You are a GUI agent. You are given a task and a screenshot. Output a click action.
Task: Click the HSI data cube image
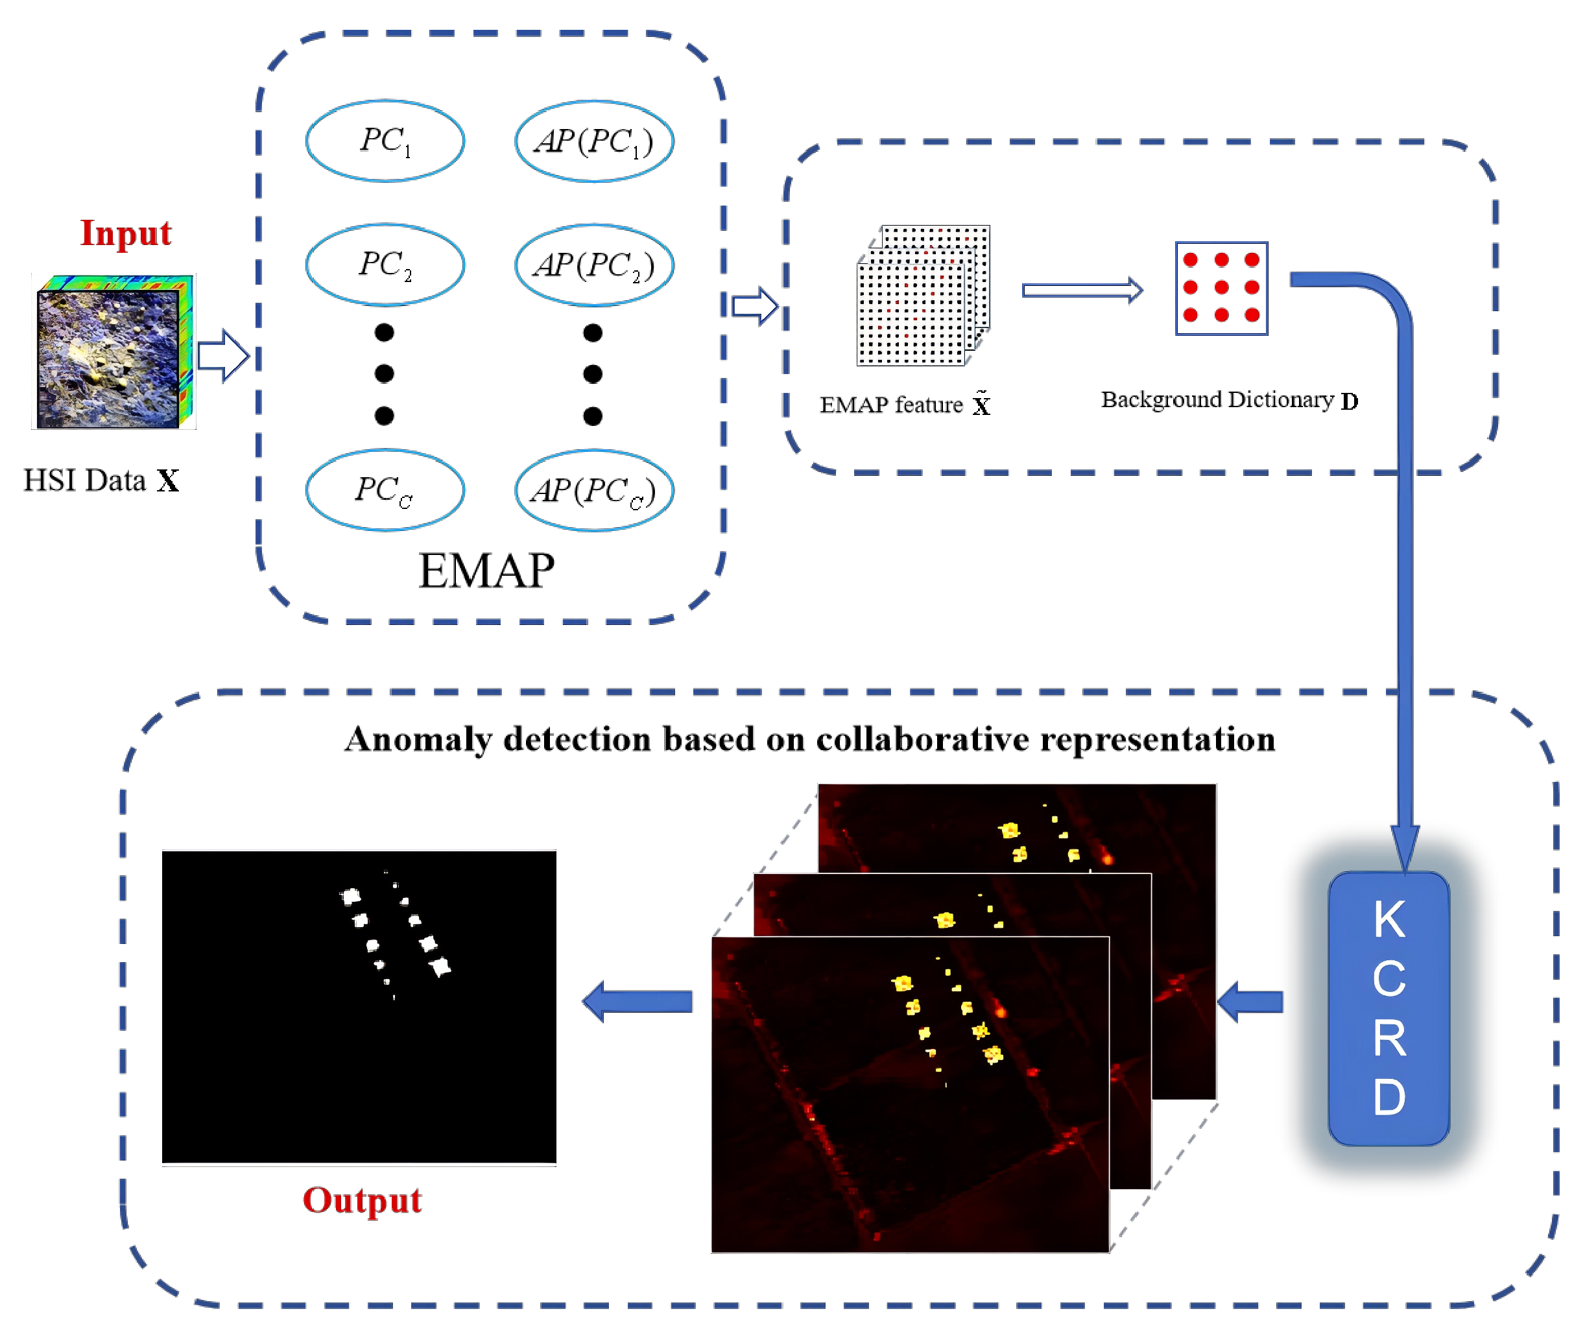[x=113, y=352]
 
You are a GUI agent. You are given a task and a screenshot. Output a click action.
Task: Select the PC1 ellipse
[x=385, y=141]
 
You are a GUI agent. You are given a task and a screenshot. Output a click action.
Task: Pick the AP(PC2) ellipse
[x=594, y=265]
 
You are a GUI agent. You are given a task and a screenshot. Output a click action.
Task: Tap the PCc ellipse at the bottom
[x=385, y=490]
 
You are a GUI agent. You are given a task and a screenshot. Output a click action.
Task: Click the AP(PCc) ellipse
[x=594, y=490]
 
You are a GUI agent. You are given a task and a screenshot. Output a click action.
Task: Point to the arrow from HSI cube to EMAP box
[x=223, y=355]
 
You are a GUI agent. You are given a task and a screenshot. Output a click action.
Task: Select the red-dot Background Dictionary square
[x=1221, y=288]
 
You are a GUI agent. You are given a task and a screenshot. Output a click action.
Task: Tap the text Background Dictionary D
[x=1228, y=400]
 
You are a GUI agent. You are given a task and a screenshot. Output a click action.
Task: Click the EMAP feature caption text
[x=904, y=405]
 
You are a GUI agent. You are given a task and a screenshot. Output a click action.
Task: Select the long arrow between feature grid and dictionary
[x=1082, y=290]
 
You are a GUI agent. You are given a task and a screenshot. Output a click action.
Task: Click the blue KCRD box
[x=1388, y=1008]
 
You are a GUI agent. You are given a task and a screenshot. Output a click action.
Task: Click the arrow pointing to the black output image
[x=639, y=1001]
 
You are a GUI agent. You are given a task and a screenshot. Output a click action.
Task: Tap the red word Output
[x=361, y=1201]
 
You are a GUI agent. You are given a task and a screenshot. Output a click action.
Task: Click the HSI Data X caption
[x=101, y=480]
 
